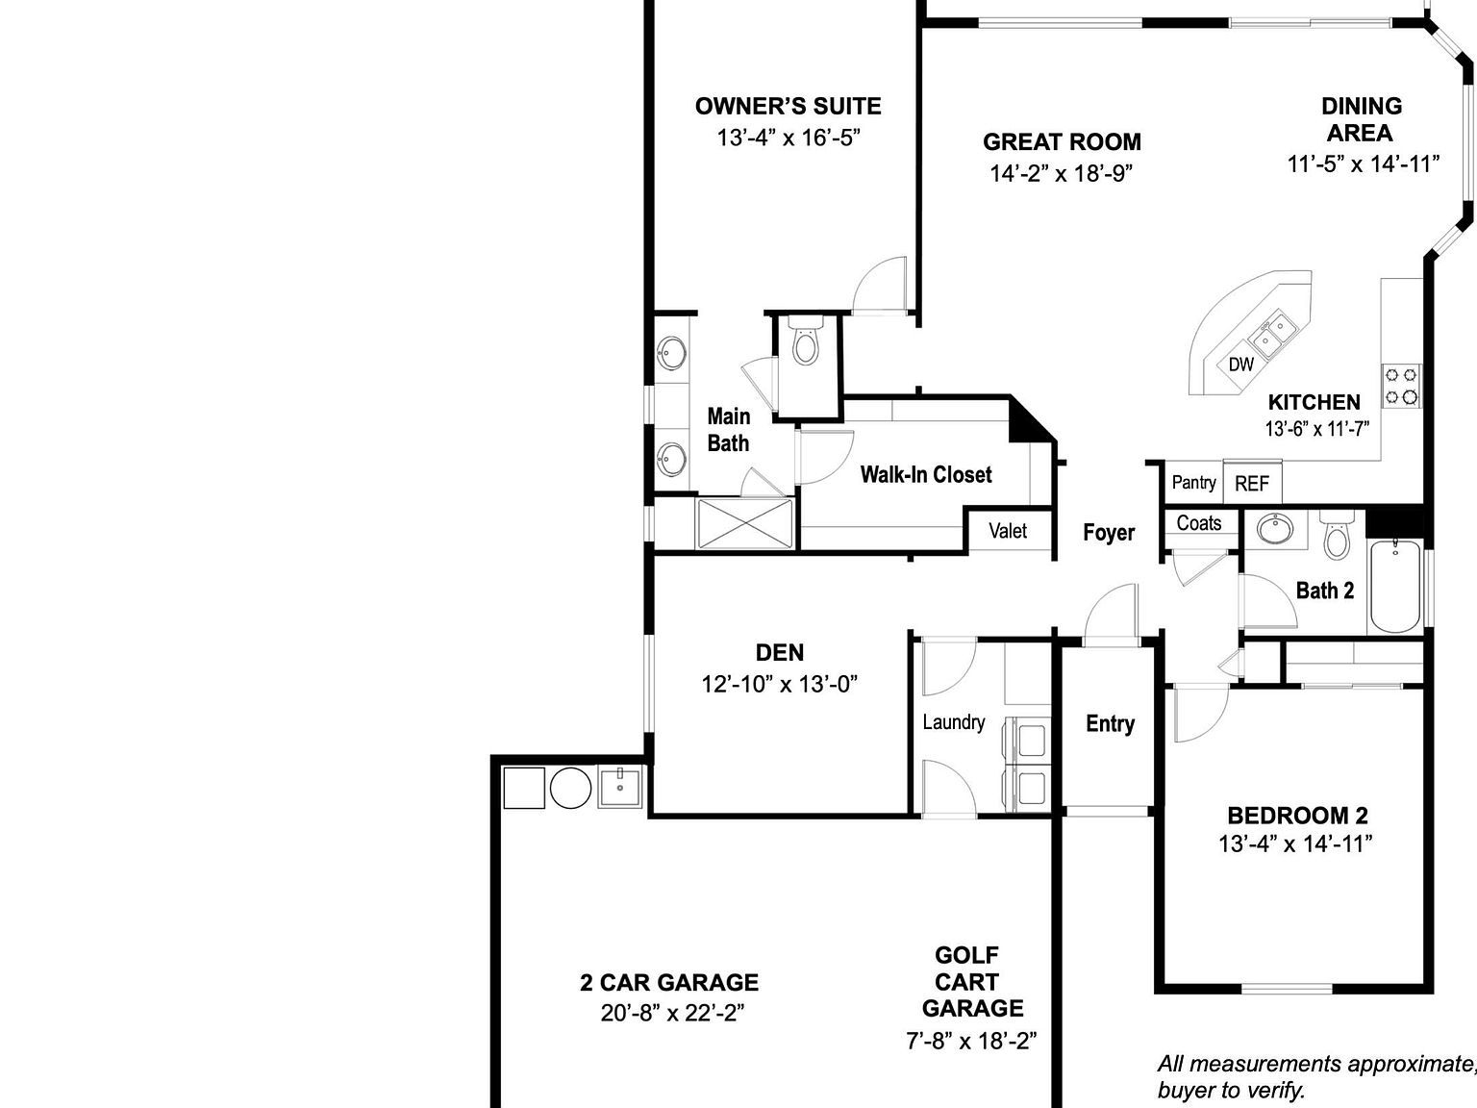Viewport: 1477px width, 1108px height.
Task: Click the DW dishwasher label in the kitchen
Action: coord(1241,365)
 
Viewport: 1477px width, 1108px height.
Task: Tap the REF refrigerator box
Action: coord(1251,484)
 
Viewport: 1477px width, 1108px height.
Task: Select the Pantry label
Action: coord(1193,482)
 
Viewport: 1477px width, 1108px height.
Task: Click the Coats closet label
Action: coord(1199,523)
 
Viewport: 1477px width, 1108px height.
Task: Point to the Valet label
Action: coord(1008,531)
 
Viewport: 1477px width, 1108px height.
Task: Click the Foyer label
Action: coord(1109,533)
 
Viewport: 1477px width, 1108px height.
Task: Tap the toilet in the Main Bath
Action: coord(806,344)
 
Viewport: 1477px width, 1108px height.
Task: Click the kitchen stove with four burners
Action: coord(1401,385)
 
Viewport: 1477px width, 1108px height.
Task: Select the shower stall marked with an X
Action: coord(745,523)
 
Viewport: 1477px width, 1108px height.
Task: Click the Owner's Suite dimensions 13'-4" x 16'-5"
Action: coord(788,138)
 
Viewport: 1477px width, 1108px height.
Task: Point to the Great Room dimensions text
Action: coord(1062,173)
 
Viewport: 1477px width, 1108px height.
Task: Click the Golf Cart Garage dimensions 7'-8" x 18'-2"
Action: coord(971,1041)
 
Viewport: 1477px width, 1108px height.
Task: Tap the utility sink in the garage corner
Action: coord(620,787)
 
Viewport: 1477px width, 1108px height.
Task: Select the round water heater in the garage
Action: coord(570,788)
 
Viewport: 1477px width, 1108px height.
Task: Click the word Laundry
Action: coord(953,722)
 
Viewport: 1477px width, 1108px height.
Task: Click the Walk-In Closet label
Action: coord(925,474)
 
